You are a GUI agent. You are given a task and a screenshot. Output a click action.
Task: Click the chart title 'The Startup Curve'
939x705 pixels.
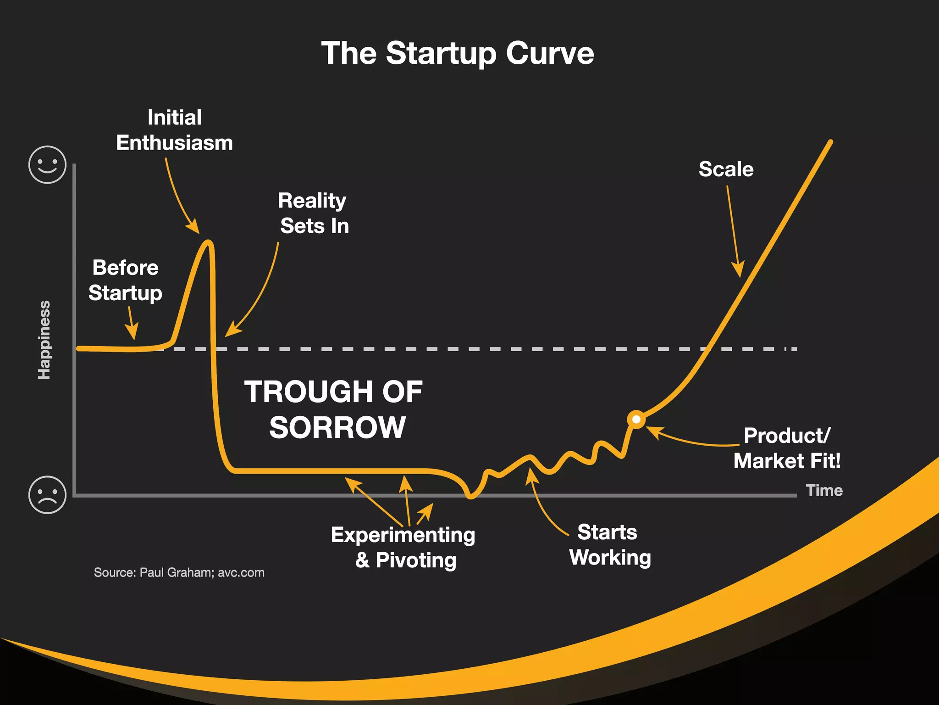point(458,53)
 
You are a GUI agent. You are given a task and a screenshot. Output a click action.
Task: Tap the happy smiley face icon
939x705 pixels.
point(47,165)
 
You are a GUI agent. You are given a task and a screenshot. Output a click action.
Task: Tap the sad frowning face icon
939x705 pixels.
point(47,495)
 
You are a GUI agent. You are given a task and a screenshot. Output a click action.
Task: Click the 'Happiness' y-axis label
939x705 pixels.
point(44,340)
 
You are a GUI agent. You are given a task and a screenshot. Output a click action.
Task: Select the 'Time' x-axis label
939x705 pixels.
point(824,490)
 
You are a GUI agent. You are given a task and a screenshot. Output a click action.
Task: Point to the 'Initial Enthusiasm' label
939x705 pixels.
point(174,130)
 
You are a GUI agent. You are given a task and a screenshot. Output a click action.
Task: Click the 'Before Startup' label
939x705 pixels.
point(125,280)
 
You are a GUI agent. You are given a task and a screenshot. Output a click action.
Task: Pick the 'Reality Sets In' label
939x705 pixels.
point(314,213)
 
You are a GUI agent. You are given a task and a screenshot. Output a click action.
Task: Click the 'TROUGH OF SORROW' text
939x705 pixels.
point(334,409)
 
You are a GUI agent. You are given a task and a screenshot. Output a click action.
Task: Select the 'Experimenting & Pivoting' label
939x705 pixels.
point(403,547)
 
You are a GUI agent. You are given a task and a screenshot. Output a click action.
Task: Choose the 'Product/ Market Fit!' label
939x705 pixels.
point(787,448)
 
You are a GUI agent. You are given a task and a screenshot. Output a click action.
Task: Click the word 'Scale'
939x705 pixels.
point(726,169)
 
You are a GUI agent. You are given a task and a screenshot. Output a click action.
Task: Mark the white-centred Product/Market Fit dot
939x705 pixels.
point(636,419)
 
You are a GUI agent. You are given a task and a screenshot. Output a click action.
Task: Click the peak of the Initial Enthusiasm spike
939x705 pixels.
point(209,242)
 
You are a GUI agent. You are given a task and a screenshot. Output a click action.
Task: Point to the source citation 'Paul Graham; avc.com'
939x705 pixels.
point(179,572)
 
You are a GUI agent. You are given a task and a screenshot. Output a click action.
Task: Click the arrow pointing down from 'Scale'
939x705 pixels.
point(733,229)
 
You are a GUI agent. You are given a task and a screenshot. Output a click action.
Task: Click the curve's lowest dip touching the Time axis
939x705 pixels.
point(471,495)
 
